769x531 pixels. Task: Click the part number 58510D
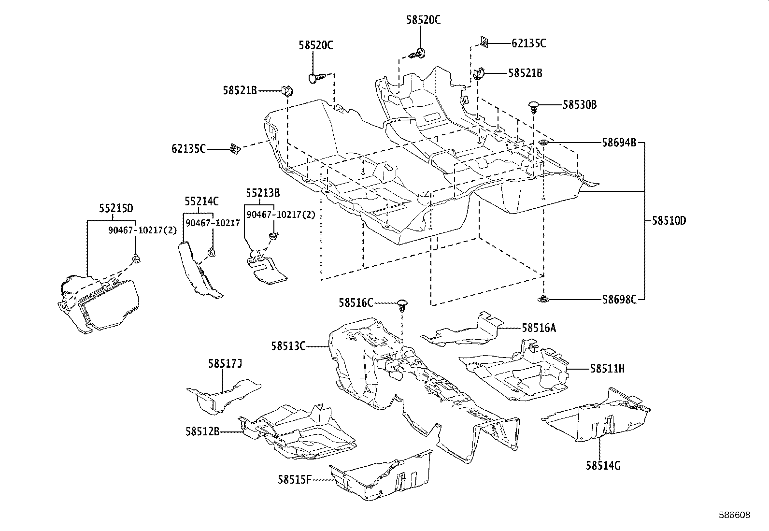pyautogui.click(x=669, y=221)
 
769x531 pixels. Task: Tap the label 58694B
pyautogui.click(x=619, y=143)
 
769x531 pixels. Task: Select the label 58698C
pyautogui.click(x=619, y=300)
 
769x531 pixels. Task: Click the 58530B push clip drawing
pyautogui.click(x=534, y=106)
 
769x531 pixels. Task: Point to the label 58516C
pyautogui.click(x=356, y=303)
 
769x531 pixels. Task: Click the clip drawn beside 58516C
pyautogui.click(x=402, y=305)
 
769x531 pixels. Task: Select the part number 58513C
pyautogui.click(x=288, y=345)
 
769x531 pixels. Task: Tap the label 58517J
pyautogui.click(x=225, y=363)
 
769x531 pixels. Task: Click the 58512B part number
pyautogui.click(x=202, y=431)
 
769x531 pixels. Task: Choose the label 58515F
pyautogui.click(x=294, y=479)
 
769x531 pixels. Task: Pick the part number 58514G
pyautogui.click(x=603, y=465)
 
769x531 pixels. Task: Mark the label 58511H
pyautogui.click(x=607, y=369)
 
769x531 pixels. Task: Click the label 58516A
pyautogui.click(x=539, y=328)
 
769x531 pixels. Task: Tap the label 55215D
pyautogui.click(x=116, y=208)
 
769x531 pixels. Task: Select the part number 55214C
pyautogui.click(x=201, y=201)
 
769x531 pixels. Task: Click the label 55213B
pyautogui.click(x=262, y=193)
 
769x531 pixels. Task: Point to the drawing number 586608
pyautogui.click(x=735, y=515)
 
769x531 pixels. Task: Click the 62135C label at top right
pyautogui.click(x=528, y=43)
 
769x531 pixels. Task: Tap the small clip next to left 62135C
pyautogui.click(x=236, y=149)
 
